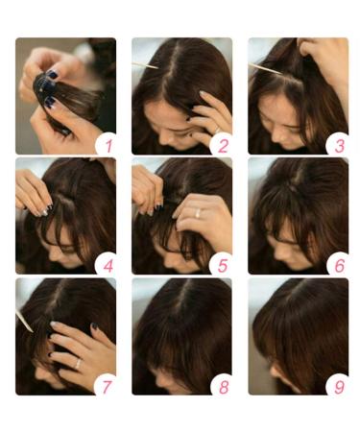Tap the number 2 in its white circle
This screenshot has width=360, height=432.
[x=222, y=144]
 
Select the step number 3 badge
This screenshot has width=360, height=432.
[x=338, y=144]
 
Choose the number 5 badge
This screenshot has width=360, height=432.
[x=222, y=263]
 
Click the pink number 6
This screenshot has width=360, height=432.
[x=338, y=263]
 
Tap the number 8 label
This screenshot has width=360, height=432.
[x=222, y=384]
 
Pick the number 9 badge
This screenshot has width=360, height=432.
[x=338, y=384]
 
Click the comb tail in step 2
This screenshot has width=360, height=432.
[x=144, y=65]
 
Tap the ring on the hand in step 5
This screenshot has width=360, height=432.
[x=198, y=213]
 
